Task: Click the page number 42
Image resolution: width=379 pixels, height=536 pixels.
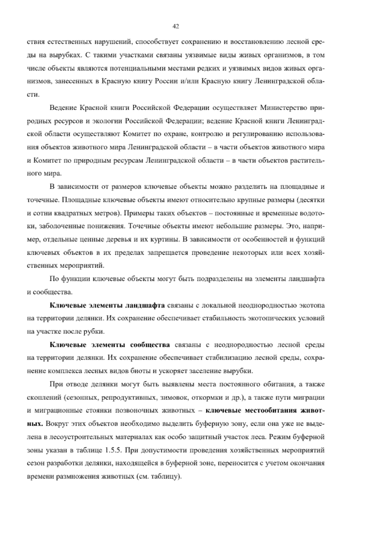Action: click(x=176, y=27)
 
